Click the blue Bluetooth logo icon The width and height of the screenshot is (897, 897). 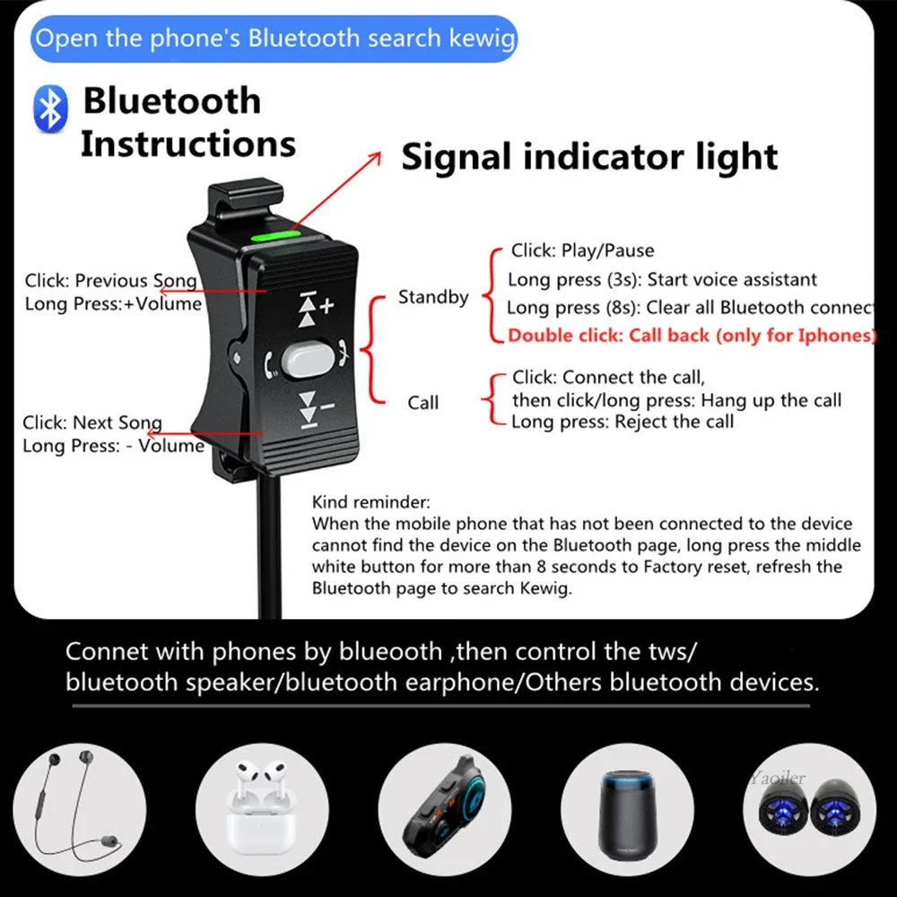pos(50,109)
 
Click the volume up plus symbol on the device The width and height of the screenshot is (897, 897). pos(327,306)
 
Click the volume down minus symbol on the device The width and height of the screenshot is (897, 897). pos(327,406)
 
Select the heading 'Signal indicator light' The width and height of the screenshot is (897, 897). pos(589,157)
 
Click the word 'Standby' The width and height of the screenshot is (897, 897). pos(433,297)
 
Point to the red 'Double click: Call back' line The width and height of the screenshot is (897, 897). pos(691,335)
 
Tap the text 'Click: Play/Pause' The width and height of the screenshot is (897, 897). pos(582,250)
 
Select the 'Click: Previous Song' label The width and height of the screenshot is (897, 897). pos(110,281)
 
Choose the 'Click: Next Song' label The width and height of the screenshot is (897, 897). pos(92,422)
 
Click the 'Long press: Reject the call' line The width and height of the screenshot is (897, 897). pos(623,422)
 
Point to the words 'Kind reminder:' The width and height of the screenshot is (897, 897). pos(370,502)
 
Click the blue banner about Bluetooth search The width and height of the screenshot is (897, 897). pos(274,39)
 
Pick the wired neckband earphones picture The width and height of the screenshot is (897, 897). pos(79,809)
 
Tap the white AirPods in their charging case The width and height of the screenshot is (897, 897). pos(262,809)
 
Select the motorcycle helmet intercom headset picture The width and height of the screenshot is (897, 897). pos(445,809)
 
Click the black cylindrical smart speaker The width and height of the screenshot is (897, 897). pos(628,814)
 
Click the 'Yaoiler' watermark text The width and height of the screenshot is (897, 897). pos(778,778)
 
